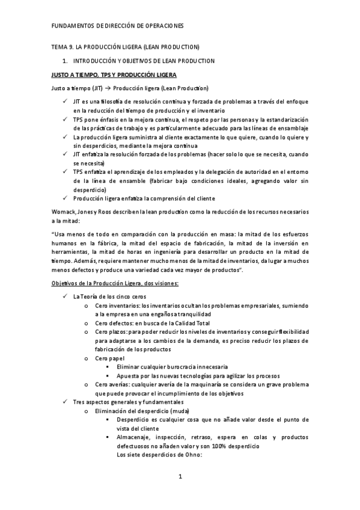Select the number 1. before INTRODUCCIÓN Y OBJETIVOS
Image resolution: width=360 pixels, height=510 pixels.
65,61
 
